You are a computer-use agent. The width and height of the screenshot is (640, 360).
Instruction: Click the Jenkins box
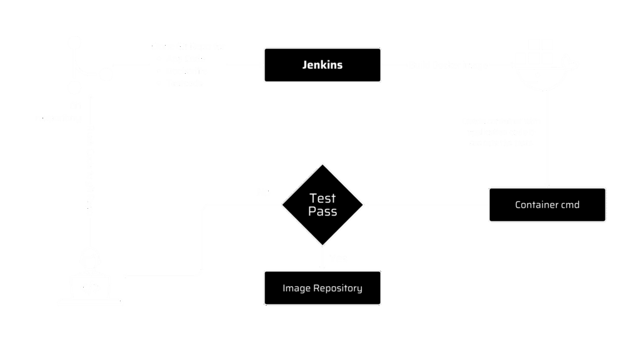(x=322, y=65)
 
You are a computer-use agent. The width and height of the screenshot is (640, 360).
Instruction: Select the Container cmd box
(x=547, y=204)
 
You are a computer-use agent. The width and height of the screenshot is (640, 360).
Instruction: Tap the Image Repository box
(x=322, y=288)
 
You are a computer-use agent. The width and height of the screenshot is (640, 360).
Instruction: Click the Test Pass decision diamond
(x=322, y=204)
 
